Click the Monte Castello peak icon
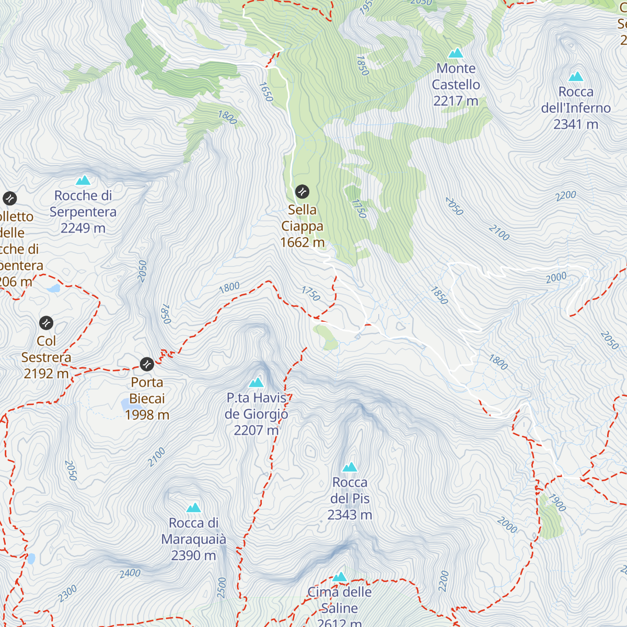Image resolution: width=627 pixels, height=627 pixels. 456,53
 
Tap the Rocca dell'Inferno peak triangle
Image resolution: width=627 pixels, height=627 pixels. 576,76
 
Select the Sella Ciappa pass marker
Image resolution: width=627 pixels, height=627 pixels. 302,191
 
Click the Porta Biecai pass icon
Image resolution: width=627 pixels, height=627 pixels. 147,364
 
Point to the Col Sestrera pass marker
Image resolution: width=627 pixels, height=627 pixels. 46,322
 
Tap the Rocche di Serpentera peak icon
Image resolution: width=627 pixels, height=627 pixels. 83,181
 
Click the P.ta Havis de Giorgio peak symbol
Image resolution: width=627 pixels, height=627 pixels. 256,382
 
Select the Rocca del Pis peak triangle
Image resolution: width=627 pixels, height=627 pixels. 350,467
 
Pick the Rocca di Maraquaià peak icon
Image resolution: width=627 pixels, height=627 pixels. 194,508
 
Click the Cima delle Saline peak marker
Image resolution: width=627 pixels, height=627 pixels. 340,577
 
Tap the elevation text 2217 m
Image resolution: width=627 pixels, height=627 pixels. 456,101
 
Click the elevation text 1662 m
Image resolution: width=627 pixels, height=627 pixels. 302,242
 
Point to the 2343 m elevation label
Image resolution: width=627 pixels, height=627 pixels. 350,515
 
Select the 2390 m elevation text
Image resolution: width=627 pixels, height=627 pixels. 193,555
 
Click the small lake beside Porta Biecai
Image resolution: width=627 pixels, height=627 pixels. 128,404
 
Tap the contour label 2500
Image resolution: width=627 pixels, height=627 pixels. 222,587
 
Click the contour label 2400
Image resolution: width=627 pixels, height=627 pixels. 130,573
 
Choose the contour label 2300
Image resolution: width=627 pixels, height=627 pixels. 67,594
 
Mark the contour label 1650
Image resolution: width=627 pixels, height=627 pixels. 266,92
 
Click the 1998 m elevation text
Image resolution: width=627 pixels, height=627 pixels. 147,415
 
